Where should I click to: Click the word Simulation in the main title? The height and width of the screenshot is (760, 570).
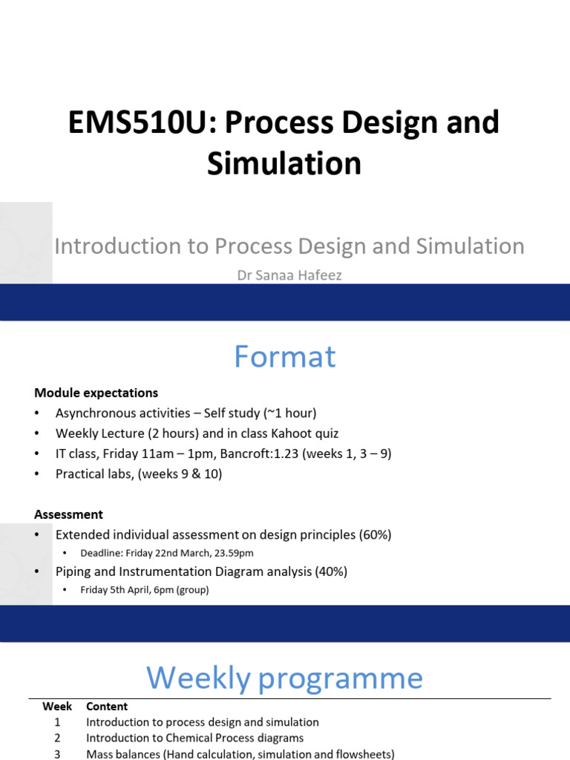pyautogui.click(x=284, y=163)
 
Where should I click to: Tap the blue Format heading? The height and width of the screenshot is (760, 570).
pyautogui.click(x=284, y=357)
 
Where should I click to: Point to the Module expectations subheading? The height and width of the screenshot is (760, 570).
pyautogui.click(x=96, y=393)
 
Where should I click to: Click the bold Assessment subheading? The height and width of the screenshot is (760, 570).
pyautogui.click(x=68, y=514)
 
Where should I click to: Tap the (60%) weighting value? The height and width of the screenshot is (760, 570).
pyautogui.click(x=374, y=534)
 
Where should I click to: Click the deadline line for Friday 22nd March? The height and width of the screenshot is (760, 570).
pyautogui.click(x=171, y=553)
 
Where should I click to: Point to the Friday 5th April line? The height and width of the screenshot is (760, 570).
pyautogui.click(x=145, y=590)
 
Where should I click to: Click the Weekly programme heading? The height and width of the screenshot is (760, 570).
pyautogui.click(x=284, y=678)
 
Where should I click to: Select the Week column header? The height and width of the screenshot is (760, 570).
pyautogui.click(x=57, y=707)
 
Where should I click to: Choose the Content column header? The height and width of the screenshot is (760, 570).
pyautogui.click(x=107, y=707)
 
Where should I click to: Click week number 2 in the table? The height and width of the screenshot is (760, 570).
pyautogui.click(x=57, y=738)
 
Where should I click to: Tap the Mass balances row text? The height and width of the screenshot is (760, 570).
pyautogui.click(x=240, y=754)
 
